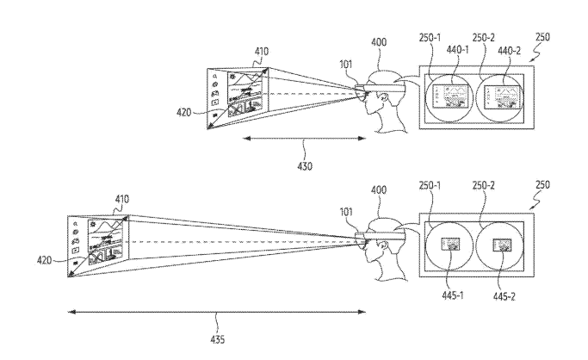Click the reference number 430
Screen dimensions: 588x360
(x=305, y=165)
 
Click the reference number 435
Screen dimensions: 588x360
(x=218, y=339)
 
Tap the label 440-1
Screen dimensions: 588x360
(x=457, y=49)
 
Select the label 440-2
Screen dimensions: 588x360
(x=510, y=51)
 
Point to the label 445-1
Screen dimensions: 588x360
(x=453, y=295)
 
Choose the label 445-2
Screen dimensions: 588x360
(x=504, y=296)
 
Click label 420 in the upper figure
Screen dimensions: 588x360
(x=183, y=112)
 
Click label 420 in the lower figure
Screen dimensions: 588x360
(x=44, y=260)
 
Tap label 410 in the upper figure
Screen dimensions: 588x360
(x=262, y=51)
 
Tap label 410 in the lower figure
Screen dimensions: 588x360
(x=122, y=199)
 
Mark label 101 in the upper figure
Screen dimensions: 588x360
(x=346, y=65)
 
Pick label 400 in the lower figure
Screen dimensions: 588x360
(x=379, y=189)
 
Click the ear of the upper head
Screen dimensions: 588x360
(x=383, y=98)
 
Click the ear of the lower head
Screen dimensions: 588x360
(x=383, y=246)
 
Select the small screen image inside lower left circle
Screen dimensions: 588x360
(x=451, y=244)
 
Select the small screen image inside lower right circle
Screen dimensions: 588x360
(x=503, y=245)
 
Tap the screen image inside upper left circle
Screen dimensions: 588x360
(x=451, y=96)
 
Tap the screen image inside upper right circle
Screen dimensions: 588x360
(x=503, y=97)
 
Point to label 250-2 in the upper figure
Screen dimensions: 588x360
(x=483, y=38)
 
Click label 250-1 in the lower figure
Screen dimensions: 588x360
(x=430, y=186)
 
